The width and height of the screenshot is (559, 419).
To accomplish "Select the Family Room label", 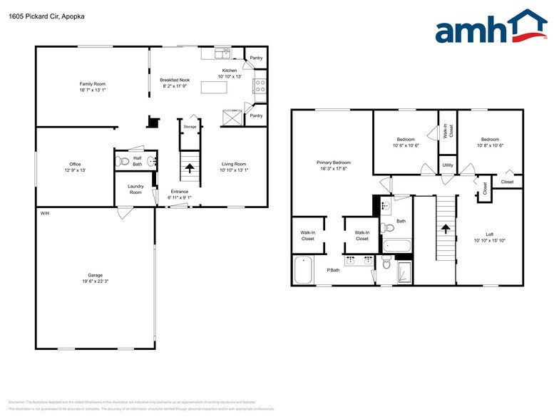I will [x=92, y=84].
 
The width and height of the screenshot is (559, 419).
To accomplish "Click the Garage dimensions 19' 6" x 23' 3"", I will [x=96, y=282].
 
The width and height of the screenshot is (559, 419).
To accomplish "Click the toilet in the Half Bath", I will [x=123, y=160].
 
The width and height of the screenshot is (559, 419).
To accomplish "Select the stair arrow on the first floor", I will [x=190, y=169].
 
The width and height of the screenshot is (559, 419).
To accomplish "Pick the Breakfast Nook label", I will [x=174, y=80].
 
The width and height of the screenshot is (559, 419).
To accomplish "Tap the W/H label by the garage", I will [x=44, y=213].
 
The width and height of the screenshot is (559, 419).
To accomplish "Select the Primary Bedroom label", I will [x=334, y=162].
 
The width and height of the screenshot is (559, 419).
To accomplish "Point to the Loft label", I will [x=489, y=234].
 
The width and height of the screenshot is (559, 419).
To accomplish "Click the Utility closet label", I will [x=447, y=165].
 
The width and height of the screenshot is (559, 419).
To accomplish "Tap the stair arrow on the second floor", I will [x=445, y=229].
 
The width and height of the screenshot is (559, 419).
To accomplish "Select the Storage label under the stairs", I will [x=190, y=127].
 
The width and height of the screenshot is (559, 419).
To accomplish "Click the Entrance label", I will [x=179, y=191].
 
